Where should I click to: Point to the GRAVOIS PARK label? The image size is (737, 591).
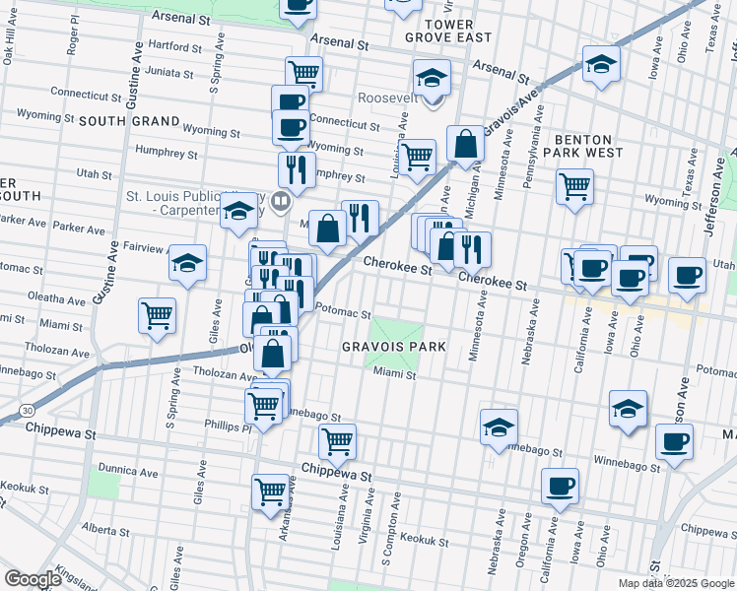tap(394, 347)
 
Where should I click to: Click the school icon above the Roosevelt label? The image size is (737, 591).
tap(432, 76)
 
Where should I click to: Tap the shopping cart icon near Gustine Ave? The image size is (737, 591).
tap(158, 315)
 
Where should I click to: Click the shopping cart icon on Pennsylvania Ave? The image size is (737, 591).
tap(574, 184)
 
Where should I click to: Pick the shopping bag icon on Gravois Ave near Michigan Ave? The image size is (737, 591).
tap(465, 144)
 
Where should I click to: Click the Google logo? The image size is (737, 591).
tap(33, 579)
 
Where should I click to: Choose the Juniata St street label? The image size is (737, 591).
tap(169, 71)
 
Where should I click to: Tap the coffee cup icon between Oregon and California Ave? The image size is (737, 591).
tap(561, 485)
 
